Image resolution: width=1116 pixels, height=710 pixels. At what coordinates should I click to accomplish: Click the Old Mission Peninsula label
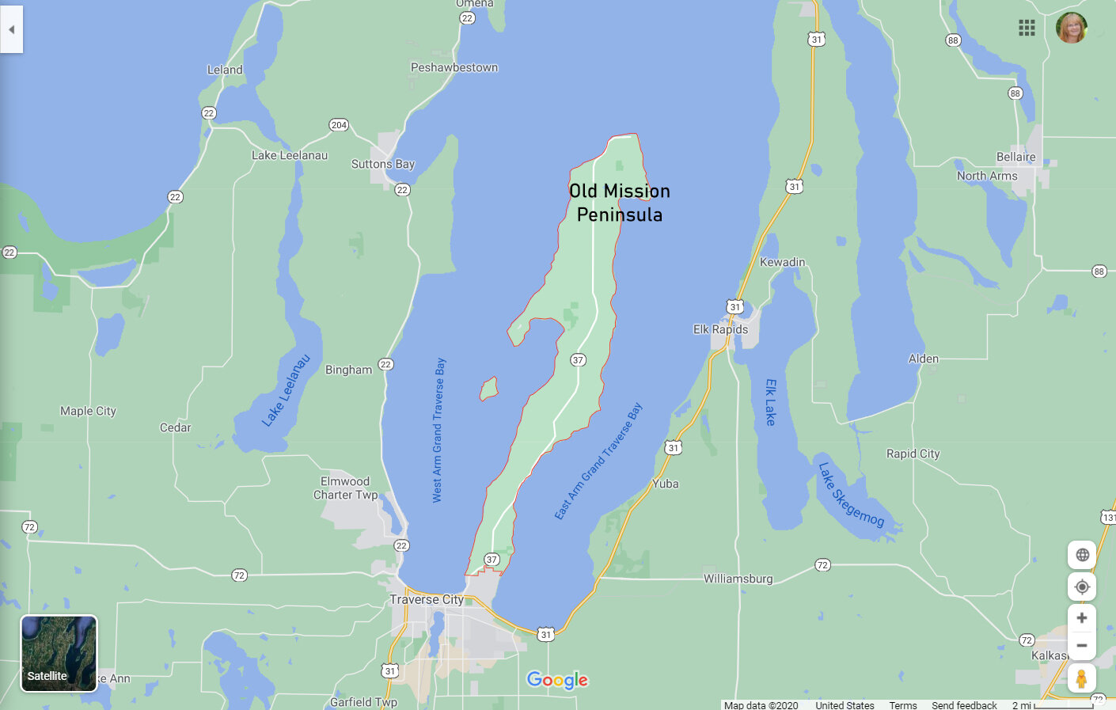(619, 203)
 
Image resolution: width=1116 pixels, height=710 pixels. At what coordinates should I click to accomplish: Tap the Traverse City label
(427, 600)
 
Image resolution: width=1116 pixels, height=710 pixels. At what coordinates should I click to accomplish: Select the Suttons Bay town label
(382, 164)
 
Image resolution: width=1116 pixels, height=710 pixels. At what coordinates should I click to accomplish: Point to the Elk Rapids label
(720, 329)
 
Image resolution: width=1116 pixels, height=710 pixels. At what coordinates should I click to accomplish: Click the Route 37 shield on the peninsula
(578, 360)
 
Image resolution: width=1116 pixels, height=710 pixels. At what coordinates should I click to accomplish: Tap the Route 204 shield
(339, 125)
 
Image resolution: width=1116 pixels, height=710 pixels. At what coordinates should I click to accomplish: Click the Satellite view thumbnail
(59, 653)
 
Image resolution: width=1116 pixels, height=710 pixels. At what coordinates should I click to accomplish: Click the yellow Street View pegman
(1081, 678)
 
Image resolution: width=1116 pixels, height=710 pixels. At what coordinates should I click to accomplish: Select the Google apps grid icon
(1027, 28)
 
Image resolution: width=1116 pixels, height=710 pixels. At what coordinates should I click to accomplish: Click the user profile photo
(1071, 28)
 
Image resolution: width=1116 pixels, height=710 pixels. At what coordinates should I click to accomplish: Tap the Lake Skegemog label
(851, 495)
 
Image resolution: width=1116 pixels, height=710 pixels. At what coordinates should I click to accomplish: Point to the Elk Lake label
(771, 402)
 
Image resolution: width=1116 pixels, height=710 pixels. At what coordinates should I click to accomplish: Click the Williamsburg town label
(738, 579)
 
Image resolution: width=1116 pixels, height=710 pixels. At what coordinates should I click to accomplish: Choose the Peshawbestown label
(454, 67)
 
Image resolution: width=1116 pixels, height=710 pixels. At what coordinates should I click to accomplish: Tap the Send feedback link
(964, 704)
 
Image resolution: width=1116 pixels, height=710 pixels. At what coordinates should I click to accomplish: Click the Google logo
(557, 680)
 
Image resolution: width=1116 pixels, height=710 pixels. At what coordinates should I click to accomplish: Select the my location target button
(1081, 587)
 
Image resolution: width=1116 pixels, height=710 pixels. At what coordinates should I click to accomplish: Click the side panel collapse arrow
(11, 29)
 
